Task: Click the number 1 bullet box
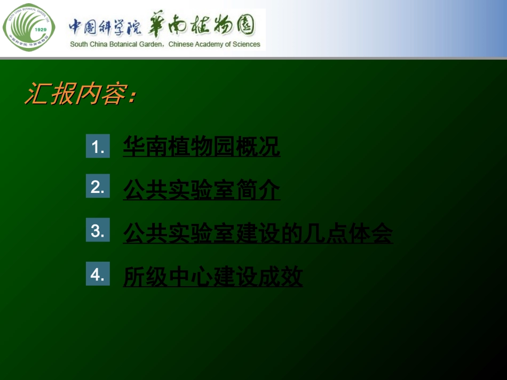pyautogui.click(x=98, y=146)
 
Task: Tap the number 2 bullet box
pyautogui.click(x=98, y=186)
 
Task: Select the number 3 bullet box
pyautogui.click(x=98, y=230)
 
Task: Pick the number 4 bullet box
pyautogui.click(x=98, y=274)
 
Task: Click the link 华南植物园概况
pyautogui.click(x=201, y=146)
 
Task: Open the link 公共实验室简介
pyautogui.click(x=201, y=190)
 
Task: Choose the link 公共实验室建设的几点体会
pyautogui.click(x=258, y=233)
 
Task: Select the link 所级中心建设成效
pyautogui.click(x=213, y=277)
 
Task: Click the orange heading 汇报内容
pyautogui.click(x=81, y=93)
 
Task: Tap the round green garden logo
pyautogui.click(x=29, y=27)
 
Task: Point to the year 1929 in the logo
pyautogui.click(x=41, y=29)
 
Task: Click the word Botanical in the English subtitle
pyautogui.click(x=123, y=44)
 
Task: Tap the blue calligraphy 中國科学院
pyautogui.click(x=105, y=27)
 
